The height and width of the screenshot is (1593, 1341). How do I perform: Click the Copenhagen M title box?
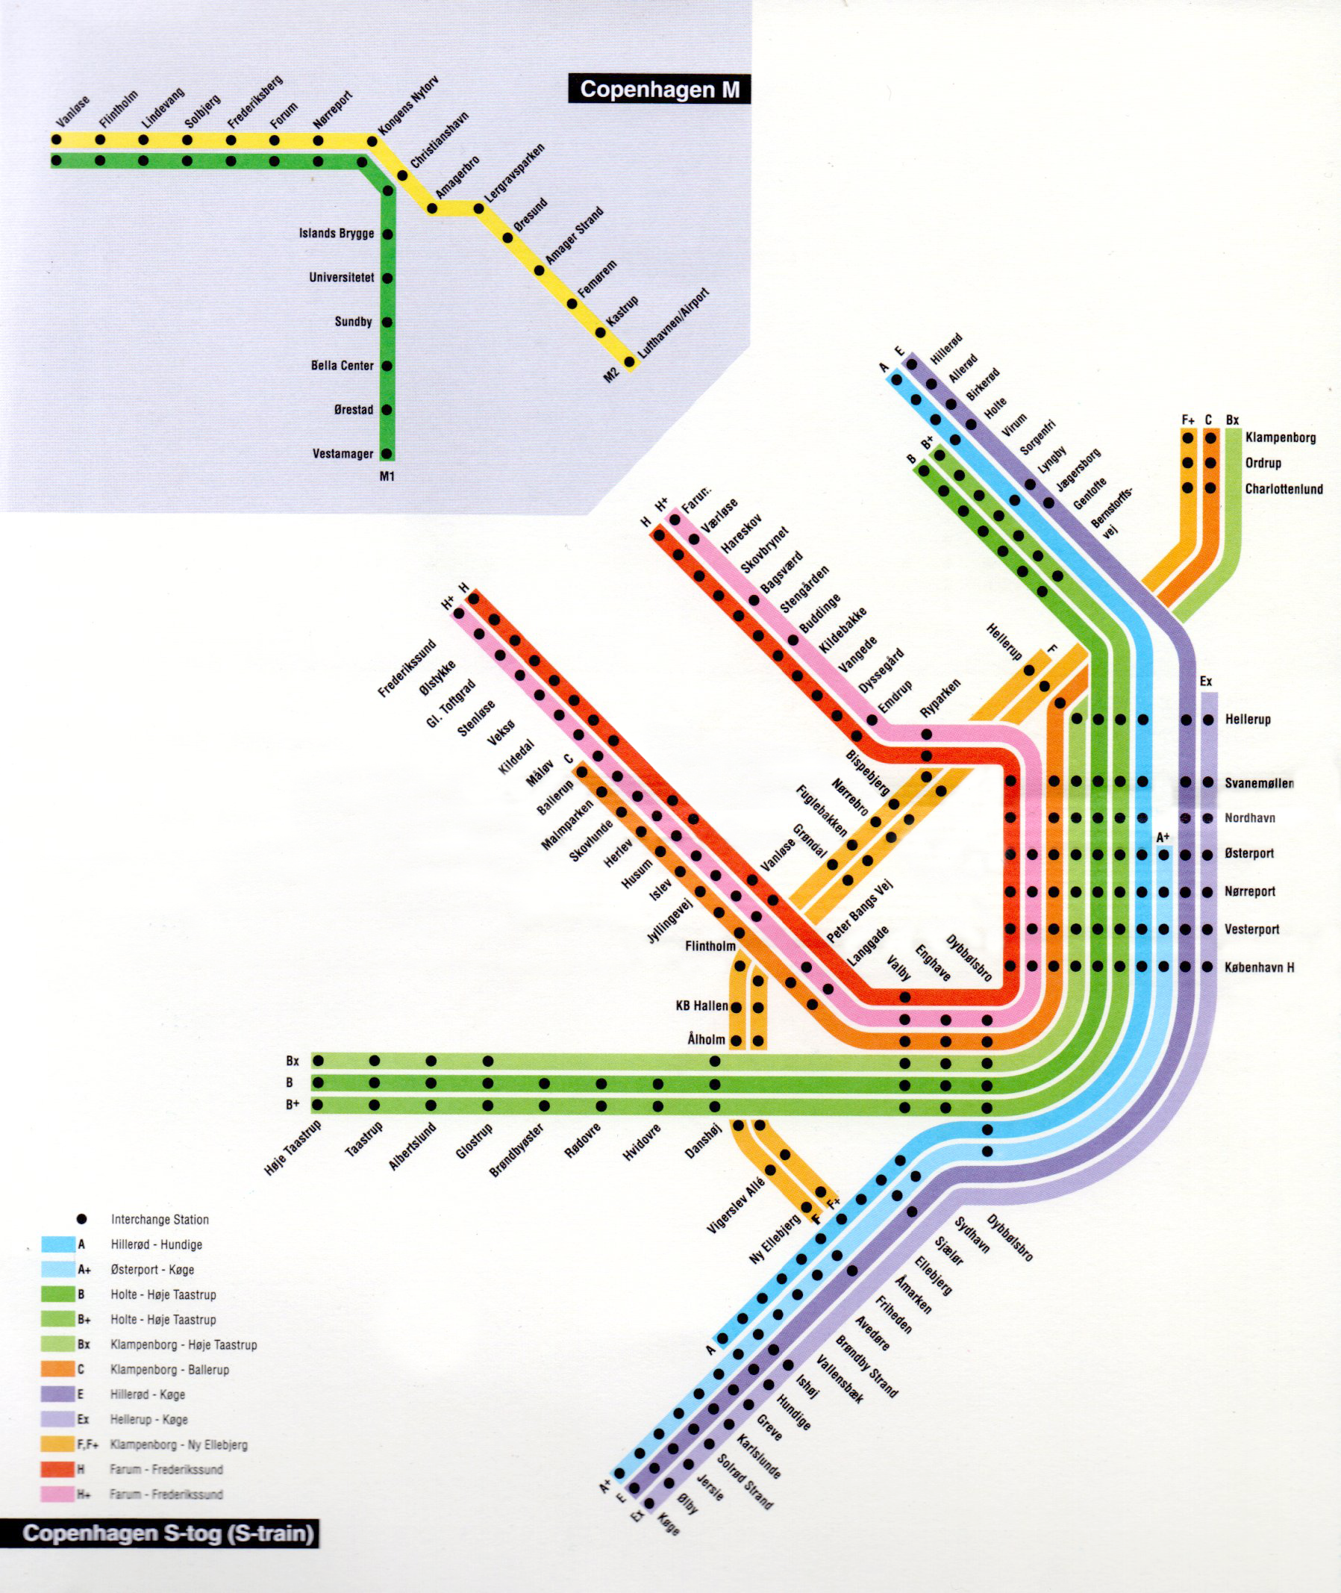coord(659,89)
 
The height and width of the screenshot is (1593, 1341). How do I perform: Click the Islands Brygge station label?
coord(336,234)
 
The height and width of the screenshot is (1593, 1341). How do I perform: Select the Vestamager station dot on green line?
coord(387,454)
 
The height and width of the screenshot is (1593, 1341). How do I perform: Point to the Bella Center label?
coord(342,366)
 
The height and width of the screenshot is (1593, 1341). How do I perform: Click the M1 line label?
coord(387,478)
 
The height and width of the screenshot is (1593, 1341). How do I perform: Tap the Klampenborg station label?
coord(1281,438)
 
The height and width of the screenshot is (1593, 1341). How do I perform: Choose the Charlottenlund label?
coord(1284,489)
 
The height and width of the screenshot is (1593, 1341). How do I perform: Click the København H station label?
coord(1259,968)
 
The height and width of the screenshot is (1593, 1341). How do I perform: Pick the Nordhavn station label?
coord(1250,818)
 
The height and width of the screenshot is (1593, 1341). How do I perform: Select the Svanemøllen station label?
coord(1259,783)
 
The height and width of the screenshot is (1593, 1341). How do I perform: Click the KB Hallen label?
coord(701,1006)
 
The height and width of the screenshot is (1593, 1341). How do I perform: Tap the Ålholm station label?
coord(706,1039)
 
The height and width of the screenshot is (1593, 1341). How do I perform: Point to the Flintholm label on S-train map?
coord(710,947)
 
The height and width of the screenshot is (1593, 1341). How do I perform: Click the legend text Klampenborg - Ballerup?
coord(169,1370)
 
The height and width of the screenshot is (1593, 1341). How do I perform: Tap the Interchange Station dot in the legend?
coord(82,1219)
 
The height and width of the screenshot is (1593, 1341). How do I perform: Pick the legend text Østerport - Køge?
coord(152,1270)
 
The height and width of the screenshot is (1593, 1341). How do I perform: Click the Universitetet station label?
coord(341,278)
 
